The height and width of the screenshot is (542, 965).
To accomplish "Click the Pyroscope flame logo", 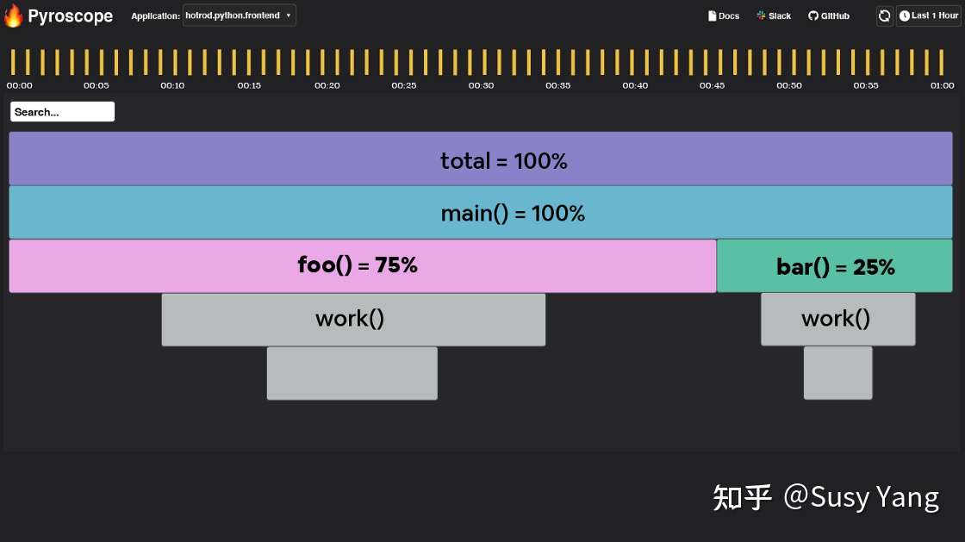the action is [x=13, y=16].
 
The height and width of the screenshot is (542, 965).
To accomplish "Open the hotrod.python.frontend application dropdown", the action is [x=240, y=16].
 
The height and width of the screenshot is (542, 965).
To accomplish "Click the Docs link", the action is [x=724, y=16].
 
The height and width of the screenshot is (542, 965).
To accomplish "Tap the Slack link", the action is [x=774, y=16].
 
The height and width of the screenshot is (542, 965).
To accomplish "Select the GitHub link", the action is [x=828, y=16].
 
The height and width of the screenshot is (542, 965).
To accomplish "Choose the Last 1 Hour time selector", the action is [x=929, y=16].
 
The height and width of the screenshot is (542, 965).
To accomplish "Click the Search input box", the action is [x=62, y=111].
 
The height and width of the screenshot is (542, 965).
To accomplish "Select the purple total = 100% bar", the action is [x=481, y=159].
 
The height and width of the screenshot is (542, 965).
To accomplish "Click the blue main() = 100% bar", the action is [x=481, y=212].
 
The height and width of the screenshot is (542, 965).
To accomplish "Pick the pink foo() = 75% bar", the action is [x=363, y=265].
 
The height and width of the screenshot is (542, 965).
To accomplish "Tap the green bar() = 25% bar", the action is [x=835, y=265].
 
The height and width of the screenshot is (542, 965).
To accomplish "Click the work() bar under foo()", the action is [x=353, y=320].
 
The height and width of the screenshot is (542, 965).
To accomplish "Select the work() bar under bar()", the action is [x=838, y=320].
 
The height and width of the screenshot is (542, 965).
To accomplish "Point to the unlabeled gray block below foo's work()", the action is [x=352, y=373].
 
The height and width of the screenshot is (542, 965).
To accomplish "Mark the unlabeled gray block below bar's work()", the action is [x=838, y=373].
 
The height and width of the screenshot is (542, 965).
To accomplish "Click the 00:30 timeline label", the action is [x=481, y=85].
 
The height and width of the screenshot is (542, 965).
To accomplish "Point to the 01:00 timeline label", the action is [x=943, y=85].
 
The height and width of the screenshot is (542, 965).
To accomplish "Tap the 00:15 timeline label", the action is [x=249, y=85].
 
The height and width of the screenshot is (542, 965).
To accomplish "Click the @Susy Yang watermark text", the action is [x=861, y=496].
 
